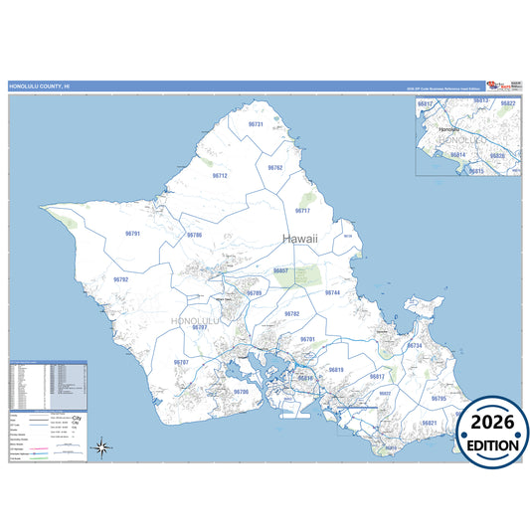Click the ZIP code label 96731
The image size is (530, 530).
(255, 124)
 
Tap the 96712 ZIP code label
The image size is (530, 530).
(220, 176)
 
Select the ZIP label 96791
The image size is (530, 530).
(133, 233)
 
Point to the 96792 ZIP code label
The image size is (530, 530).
(120, 279)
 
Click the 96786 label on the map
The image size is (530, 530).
(194, 235)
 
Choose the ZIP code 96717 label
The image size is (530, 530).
(302, 211)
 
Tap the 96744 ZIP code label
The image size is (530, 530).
(333, 293)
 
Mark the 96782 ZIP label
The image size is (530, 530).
(291, 313)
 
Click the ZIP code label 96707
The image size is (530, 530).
(181, 362)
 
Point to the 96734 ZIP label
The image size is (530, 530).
(415, 345)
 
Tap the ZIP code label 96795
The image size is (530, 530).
(439, 399)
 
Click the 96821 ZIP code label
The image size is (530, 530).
(430, 423)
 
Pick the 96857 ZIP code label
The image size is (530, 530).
(280, 270)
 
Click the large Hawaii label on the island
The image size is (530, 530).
(302, 240)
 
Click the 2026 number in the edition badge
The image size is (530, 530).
(493, 422)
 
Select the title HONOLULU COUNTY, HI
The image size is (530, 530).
(40, 87)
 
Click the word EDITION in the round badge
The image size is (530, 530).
(493, 444)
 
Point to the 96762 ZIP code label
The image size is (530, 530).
(275, 168)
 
